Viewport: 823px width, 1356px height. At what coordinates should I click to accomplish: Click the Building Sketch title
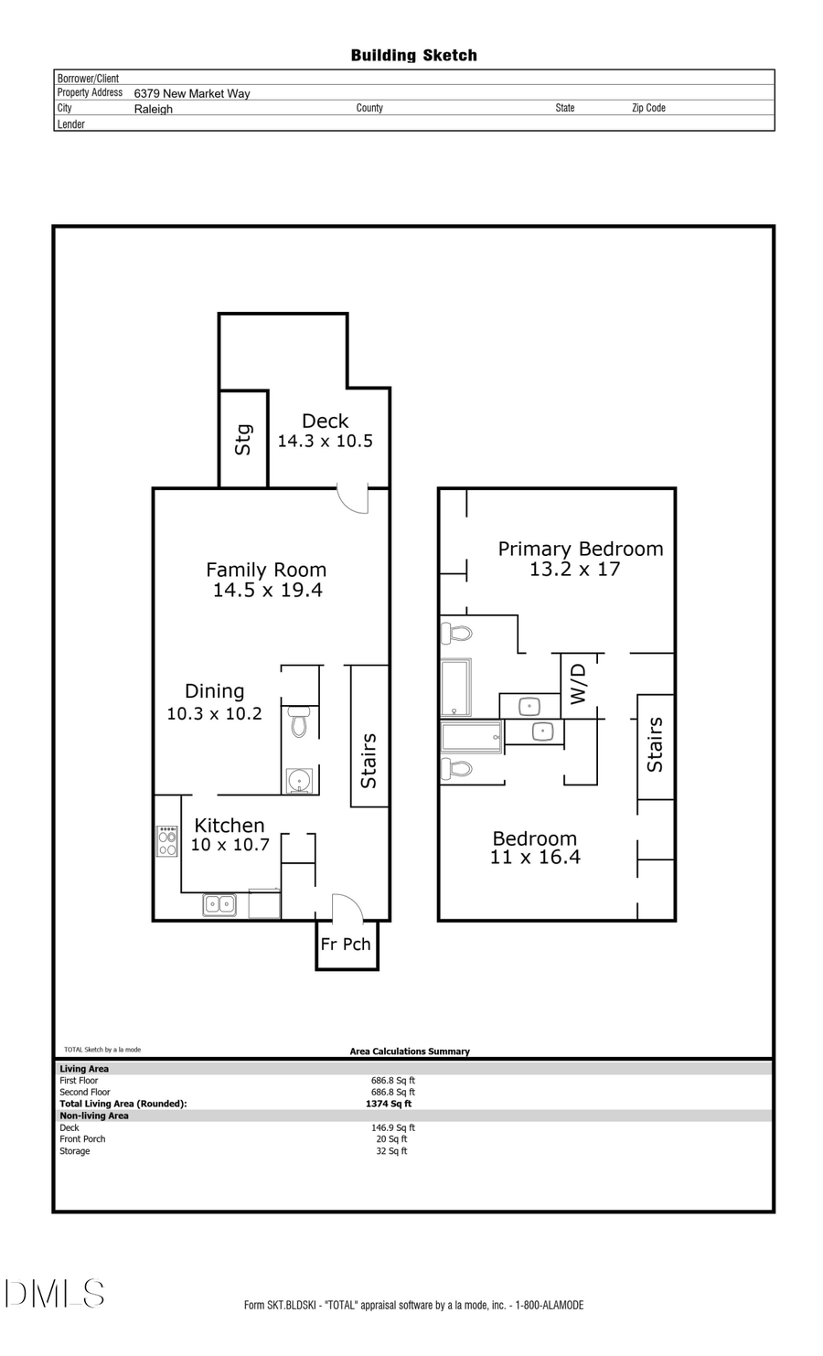click(413, 56)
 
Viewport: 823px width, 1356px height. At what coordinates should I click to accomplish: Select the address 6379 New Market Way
click(192, 93)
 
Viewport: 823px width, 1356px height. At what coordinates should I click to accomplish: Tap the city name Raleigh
click(153, 109)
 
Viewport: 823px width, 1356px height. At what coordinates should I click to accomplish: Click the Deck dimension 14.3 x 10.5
click(325, 442)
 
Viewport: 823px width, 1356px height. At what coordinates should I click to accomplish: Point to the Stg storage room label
click(243, 440)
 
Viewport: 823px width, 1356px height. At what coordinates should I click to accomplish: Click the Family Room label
click(266, 570)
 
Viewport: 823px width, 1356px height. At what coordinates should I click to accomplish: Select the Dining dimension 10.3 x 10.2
click(214, 714)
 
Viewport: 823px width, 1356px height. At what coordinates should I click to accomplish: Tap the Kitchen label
click(229, 826)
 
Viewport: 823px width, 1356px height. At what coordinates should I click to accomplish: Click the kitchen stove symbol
click(167, 841)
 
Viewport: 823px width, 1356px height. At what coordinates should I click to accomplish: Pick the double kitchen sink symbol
click(219, 904)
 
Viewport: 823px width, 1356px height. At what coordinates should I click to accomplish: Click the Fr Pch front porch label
click(346, 945)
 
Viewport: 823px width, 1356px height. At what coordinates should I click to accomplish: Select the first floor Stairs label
click(369, 761)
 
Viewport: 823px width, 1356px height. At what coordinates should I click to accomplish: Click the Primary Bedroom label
click(580, 550)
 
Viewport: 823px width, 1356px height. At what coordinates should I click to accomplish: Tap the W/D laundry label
click(578, 683)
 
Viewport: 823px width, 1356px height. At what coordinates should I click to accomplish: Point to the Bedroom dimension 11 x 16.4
click(535, 858)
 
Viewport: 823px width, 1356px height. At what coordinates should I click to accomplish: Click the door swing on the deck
click(353, 499)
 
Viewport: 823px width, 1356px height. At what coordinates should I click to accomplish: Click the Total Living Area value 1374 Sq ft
click(389, 1104)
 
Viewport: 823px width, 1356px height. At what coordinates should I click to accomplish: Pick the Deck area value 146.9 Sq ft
click(392, 1127)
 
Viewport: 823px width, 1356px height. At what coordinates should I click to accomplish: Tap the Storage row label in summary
click(75, 1151)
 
